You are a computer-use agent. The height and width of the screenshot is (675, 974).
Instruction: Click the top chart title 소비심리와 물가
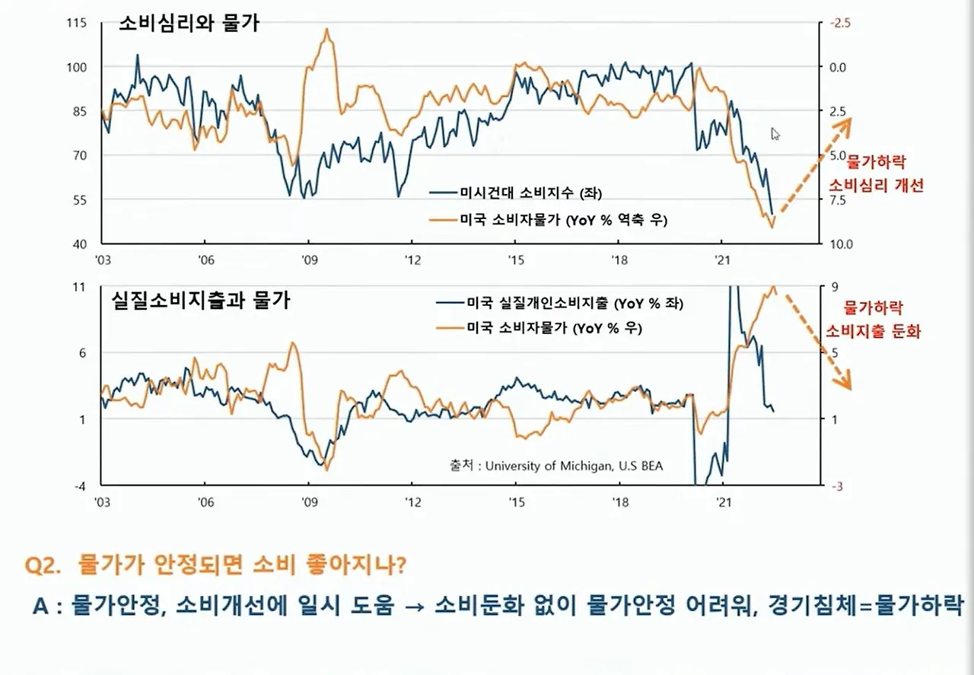click(x=189, y=24)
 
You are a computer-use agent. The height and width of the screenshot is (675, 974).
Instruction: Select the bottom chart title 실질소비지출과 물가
click(x=201, y=300)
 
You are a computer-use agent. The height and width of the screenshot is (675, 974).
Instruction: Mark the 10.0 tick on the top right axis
click(x=836, y=244)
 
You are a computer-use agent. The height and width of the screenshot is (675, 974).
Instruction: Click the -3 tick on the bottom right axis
click(x=833, y=487)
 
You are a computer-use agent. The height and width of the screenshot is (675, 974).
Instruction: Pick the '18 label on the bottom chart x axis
click(x=619, y=502)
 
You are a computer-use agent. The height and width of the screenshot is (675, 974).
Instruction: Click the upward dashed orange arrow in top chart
click(x=814, y=170)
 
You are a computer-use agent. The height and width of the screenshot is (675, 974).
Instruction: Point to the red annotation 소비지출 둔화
click(x=873, y=332)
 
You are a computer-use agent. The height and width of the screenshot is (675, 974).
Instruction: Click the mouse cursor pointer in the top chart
click(x=775, y=134)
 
